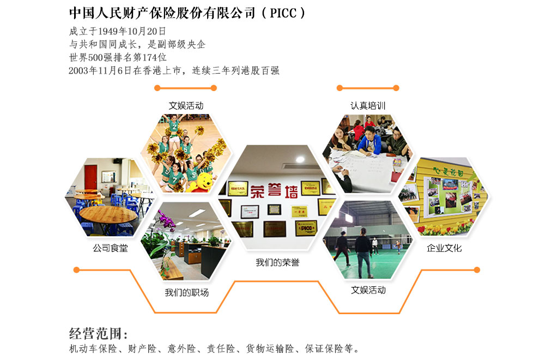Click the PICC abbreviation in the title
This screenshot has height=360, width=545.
pyautogui.click(x=283, y=13)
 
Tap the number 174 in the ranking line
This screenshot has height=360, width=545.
pyautogui.click(x=150, y=57)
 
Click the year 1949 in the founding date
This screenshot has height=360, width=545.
pyautogui.click(x=108, y=31)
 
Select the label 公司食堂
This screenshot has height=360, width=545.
pyautogui.click(x=110, y=248)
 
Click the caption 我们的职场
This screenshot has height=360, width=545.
pyautogui.click(x=186, y=292)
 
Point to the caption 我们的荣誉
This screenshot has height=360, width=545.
pyautogui.click(x=277, y=262)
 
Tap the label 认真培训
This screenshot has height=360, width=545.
pyautogui.click(x=368, y=105)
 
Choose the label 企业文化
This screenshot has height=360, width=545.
pyautogui.click(x=444, y=248)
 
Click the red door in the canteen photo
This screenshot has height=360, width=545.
pyautogui.click(x=90, y=177)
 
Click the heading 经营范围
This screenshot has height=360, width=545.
pyautogui.click(x=98, y=334)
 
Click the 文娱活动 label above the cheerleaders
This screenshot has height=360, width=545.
pyautogui.click(x=186, y=105)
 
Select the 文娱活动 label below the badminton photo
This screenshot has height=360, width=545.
pyautogui.click(x=368, y=290)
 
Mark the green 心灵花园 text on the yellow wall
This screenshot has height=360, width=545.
pyautogui.click(x=448, y=171)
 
